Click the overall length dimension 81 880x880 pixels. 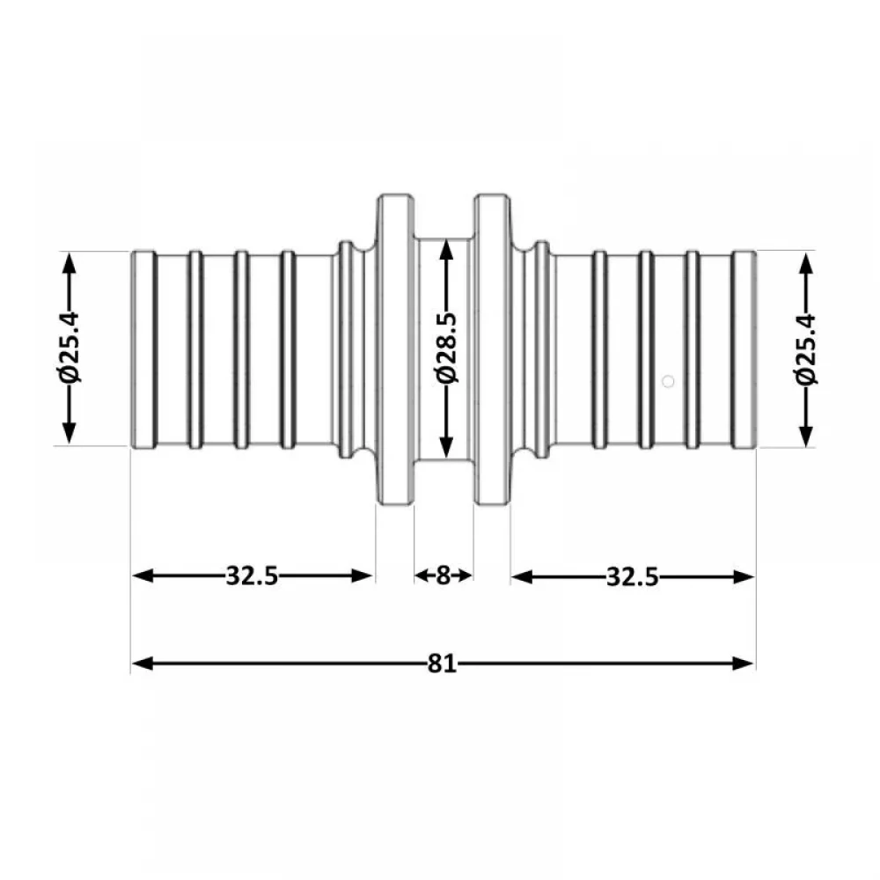(443, 664)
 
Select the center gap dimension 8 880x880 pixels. (444, 576)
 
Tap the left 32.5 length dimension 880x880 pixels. (252, 576)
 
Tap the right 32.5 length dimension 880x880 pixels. (633, 577)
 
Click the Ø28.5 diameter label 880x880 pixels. (447, 348)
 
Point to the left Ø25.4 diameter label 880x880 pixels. (70, 348)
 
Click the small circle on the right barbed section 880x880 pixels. (668, 382)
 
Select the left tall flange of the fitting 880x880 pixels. (395, 349)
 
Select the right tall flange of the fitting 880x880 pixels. (492, 349)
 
